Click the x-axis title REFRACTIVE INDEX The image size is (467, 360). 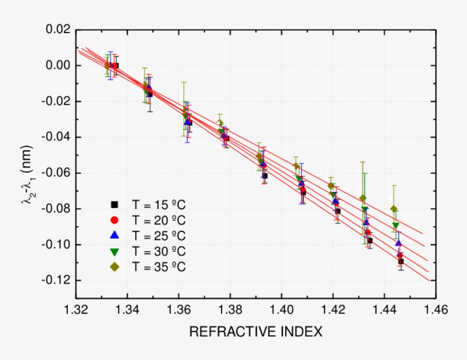point(256,332)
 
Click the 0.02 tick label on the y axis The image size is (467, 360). point(57,30)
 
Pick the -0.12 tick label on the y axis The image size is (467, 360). point(55,280)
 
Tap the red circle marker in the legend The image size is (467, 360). point(114,220)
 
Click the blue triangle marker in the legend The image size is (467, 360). point(114,235)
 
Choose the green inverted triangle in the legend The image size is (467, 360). point(114,251)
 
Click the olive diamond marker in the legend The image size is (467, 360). point(114,267)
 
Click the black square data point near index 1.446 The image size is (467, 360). point(401,261)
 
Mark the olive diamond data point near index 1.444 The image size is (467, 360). point(394,208)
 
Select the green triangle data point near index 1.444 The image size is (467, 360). point(396,226)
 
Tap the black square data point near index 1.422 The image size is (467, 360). point(338,211)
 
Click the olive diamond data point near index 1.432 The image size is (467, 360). point(363,198)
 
